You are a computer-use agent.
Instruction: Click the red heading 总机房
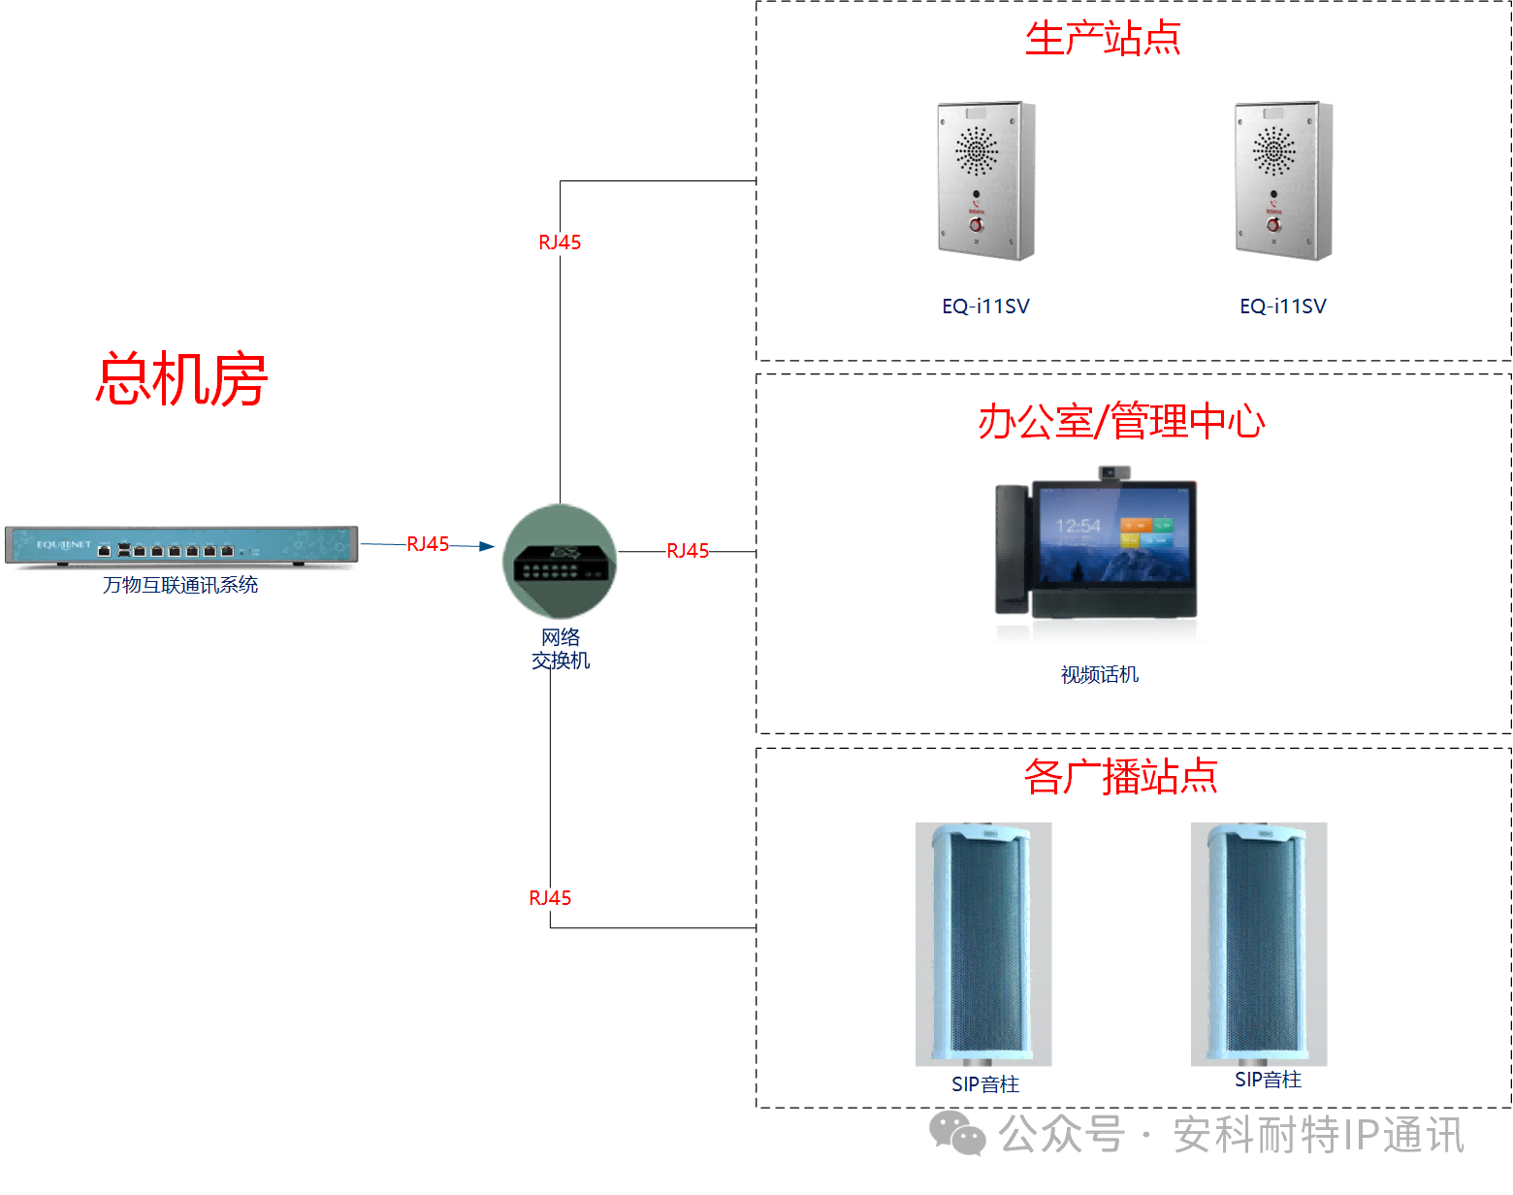[x=181, y=379]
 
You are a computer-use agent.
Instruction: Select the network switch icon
[x=560, y=561]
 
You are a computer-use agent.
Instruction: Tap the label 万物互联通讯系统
[x=180, y=585]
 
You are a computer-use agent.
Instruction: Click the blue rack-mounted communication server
[x=181, y=545]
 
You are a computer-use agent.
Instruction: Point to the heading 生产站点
[x=1103, y=39]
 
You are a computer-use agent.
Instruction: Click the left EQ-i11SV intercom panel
[x=985, y=181]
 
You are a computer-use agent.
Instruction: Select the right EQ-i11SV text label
[x=1282, y=307]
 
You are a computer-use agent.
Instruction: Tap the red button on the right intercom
[x=1273, y=225]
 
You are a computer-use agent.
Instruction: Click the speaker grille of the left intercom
[x=976, y=151]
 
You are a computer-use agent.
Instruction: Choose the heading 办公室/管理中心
[x=1121, y=422]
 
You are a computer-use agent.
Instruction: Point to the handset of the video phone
[x=1011, y=549]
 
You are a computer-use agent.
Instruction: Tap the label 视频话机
[x=1099, y=675]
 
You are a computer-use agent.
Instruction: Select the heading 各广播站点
[x=1120, y=777]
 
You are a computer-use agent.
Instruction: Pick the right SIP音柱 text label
[x=1268, y=1080]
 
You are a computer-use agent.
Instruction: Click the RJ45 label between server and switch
[x=428, y=544]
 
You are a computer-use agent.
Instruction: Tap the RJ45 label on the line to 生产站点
[x=560, y=242]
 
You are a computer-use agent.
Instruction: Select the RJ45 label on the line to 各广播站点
[x=550, y=898]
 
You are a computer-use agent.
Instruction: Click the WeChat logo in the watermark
[x=957, y=1134]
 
